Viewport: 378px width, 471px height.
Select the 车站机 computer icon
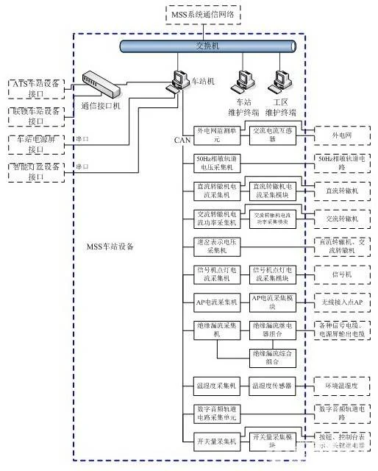point(179,79)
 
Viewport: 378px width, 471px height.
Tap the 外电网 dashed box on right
point(342,135)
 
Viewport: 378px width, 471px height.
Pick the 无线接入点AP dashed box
point(342,302)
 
